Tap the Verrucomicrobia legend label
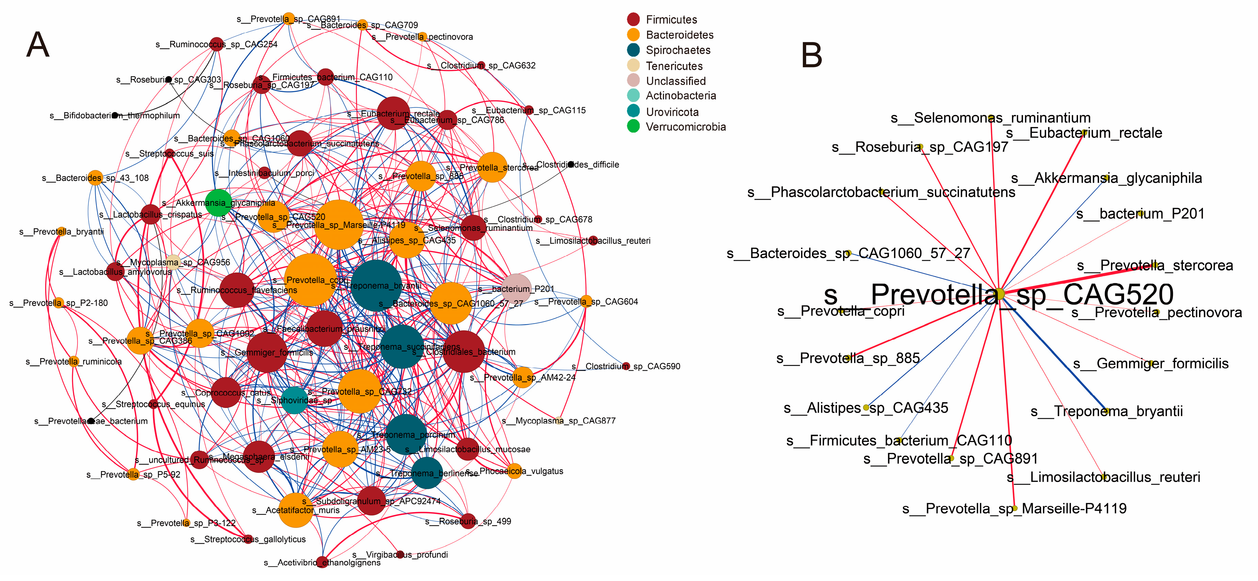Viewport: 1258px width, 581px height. point(686,127)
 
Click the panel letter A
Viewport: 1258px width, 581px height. point(38,45)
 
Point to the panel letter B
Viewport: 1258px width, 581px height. point(812,55)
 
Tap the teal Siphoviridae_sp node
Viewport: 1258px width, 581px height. point(294,400)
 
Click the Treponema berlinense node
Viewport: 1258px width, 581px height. point(427,472)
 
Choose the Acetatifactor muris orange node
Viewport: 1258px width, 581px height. point(295,510)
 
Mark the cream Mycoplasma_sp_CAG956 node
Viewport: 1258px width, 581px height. point(173,262)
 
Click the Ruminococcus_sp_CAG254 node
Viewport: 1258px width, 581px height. point(216,44)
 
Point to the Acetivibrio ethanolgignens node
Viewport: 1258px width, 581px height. point(322,562)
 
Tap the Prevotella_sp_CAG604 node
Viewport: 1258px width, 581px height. point(586,301)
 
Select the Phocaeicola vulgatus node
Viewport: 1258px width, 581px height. point(515,471)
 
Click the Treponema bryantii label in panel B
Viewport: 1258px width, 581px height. point(1107,411)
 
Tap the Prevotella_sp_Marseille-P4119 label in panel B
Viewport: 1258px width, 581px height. point(1014,509)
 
